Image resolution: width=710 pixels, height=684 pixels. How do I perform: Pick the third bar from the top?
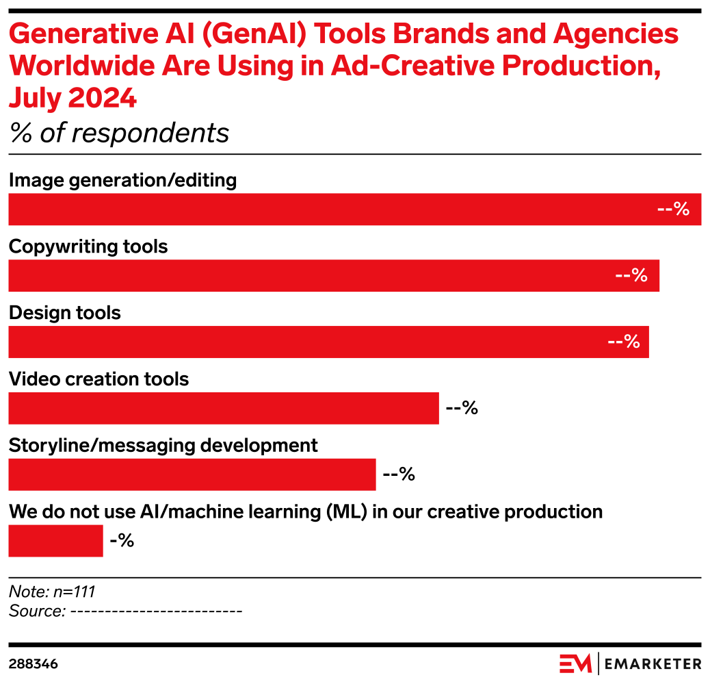pos(328,342)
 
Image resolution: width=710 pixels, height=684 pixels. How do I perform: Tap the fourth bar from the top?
pos(223,408)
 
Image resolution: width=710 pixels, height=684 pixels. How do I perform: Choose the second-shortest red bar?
pos(192,474)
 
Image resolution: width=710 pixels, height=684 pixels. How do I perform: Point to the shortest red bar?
pos(55,541)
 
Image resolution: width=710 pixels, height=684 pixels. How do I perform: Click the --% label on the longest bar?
pos(673,210)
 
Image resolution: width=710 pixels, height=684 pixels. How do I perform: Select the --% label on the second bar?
pos(631,276)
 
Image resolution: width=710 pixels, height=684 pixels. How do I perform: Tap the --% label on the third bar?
pos(624,342)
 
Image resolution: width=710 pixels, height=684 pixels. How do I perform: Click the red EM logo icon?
pos(575,663)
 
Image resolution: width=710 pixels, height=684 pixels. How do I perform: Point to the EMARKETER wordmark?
pos(653,663)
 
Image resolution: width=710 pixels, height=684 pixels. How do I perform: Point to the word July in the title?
pos(34,99)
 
